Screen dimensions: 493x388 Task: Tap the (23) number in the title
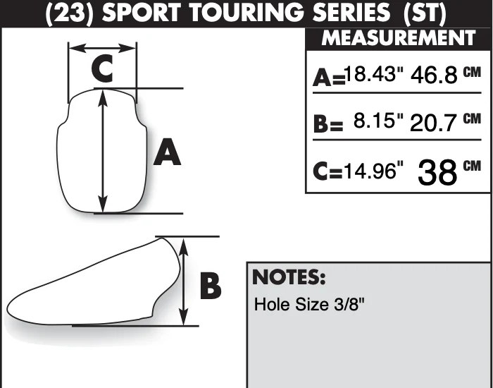(69, 13)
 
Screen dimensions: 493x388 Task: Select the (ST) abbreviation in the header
(424, 13)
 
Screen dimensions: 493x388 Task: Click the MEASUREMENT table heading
(399, 38)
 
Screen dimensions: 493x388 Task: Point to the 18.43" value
(374, 74)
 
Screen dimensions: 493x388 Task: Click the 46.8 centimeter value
(434, 75)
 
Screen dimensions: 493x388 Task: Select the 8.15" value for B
(378, 121)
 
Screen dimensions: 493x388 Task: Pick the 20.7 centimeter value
(433, 123)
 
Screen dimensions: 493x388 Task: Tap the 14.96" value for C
(373, 171)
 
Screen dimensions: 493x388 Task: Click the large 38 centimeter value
(437, 172)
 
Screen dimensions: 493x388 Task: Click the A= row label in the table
(329, 78)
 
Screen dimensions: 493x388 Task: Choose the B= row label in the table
(328, 124)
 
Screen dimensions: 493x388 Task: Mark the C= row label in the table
(328, 171)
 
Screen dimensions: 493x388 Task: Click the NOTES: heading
(289, 277)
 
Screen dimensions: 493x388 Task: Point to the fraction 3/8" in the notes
(349, 304)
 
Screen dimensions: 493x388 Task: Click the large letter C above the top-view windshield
(102, 68)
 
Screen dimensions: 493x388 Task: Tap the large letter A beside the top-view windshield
(167, 152)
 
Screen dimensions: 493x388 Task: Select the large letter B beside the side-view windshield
(211, 286)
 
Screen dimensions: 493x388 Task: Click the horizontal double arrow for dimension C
(103, 48)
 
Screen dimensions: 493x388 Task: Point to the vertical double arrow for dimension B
(183, 282)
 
